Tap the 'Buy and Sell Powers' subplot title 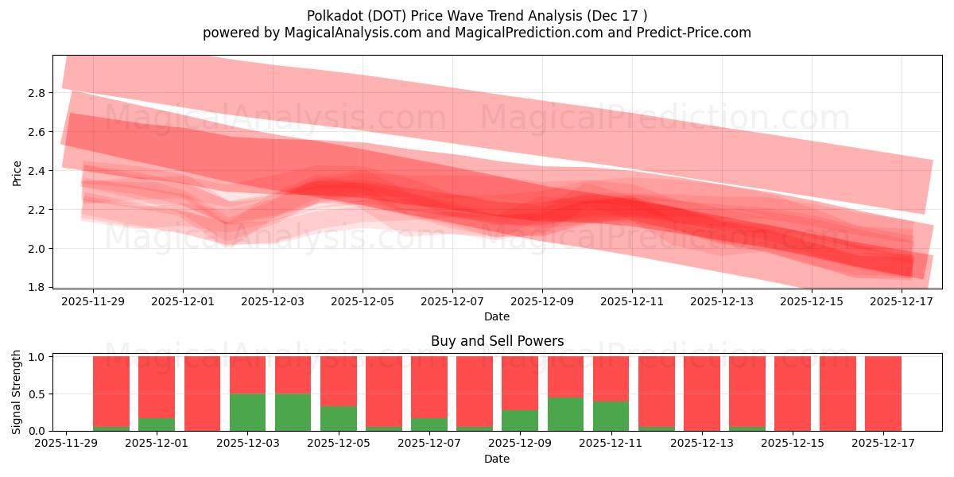coord(497,341)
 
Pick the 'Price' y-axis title coord(17,172)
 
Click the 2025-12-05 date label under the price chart coord(363,302)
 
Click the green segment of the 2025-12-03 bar coord(247,412)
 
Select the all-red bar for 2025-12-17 coord(883,394)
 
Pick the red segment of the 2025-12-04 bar coord(293,374)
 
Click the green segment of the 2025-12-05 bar coord(339,418)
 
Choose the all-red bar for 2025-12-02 coord(202,394)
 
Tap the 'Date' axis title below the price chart coord(497,316)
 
